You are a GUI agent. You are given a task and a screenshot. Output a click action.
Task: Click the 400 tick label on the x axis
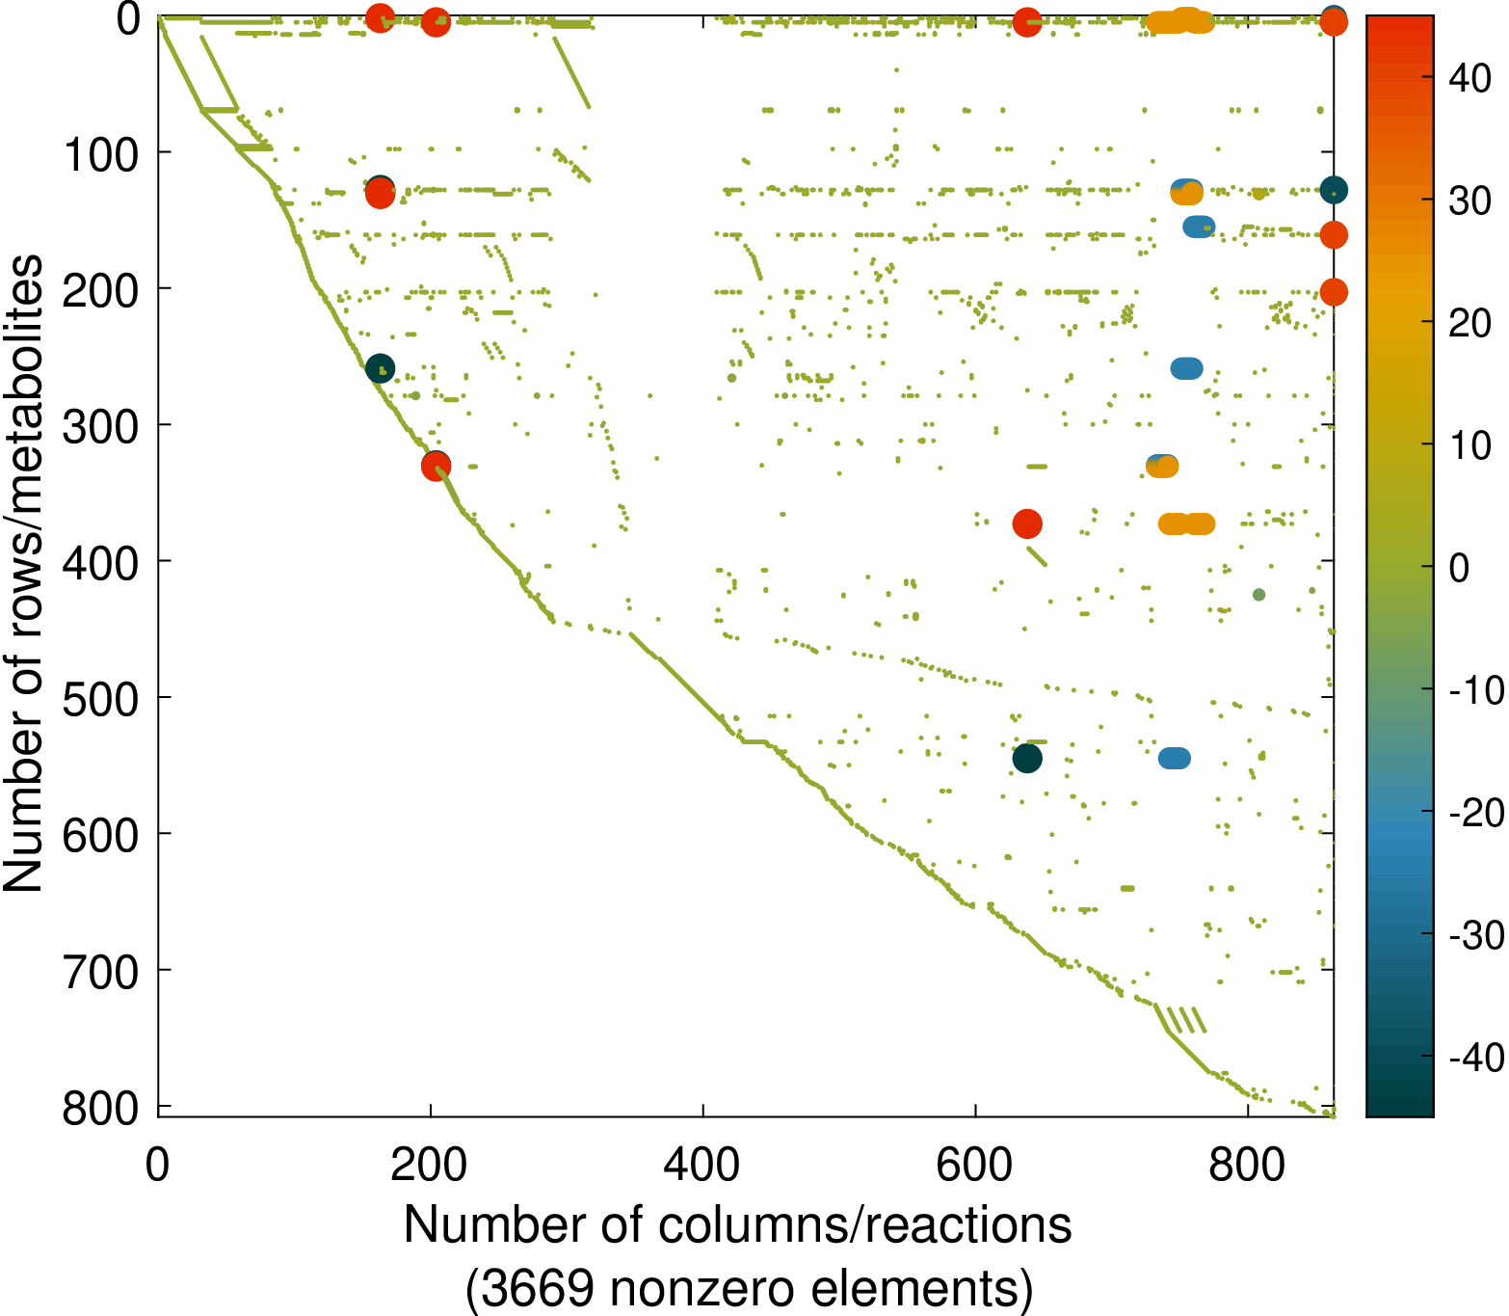pyautogui.click(x=702, y=1165)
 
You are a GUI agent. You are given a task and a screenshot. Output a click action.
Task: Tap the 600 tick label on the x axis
pyautogui.click(x=975, y=1165)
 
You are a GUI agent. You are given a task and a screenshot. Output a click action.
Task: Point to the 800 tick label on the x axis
pyautogui.click(x=1247, y=1165)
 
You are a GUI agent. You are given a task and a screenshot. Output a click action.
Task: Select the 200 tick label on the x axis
pyautogui.click(x=430, y=1165)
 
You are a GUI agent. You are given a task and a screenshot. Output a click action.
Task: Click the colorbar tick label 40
pyautogui.click(x=1470, y=79)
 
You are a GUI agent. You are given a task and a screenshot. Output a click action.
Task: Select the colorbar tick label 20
pyautogui.click(x=1470, y=324)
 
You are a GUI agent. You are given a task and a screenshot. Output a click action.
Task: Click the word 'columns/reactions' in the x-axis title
pyautogui.click(x=865, y=1225)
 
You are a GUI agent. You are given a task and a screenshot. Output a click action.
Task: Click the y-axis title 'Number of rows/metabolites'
pyautogui.click(x=23, y=574)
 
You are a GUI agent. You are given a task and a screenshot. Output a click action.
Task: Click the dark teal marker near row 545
pyautogui.click(x=1027, y=759)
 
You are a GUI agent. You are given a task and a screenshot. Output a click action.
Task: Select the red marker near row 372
pyautogui.click(x=1027, y=524)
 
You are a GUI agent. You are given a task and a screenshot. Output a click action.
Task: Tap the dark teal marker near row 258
pyautogui.click(x=380, y=368)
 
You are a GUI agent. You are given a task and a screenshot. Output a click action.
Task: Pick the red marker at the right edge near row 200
pyautogui.click(x=1333, y=292)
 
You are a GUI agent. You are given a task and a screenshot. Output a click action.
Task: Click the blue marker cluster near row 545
pyautogui.click(x=1174, y=759)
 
